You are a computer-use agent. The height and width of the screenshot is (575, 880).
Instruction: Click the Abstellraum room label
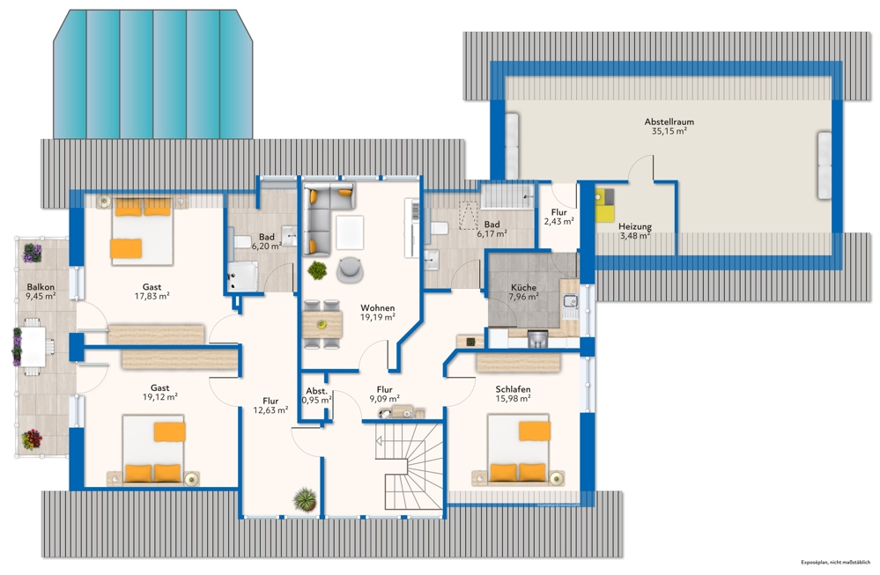coord(669,122)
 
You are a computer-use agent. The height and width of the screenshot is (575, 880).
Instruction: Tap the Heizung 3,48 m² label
coord(635,231)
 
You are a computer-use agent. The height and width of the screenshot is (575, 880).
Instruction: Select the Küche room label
coord(523,287)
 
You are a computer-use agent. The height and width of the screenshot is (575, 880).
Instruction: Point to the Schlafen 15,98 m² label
coord(513,394)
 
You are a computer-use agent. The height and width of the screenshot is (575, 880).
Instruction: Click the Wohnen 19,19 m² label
coord(377,313)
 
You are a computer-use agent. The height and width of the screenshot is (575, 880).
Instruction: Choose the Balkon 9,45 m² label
coord(41,291)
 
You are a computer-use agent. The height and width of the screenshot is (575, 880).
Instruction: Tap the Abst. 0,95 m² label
coord(316,395)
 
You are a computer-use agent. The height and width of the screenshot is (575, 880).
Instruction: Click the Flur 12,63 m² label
coord(270,406)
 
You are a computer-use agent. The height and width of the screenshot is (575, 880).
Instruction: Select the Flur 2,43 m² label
coord(559,217)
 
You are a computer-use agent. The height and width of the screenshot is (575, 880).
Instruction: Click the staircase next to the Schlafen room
coord(408,466)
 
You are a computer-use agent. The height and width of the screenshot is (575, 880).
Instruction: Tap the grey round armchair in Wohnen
coord(351,269)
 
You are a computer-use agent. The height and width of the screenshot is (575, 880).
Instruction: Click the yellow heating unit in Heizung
coord(604,205)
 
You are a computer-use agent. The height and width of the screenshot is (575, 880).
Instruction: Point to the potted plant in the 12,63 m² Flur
coord(305,498)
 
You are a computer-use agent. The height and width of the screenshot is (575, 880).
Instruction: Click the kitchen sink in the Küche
coord(570,301)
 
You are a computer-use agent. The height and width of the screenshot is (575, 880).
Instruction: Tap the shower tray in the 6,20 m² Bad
coord(242,276)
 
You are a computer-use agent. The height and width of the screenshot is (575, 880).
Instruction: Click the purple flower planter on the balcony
coord(32,253)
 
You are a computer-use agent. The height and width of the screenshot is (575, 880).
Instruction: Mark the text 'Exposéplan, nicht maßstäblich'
coord(835,562)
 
